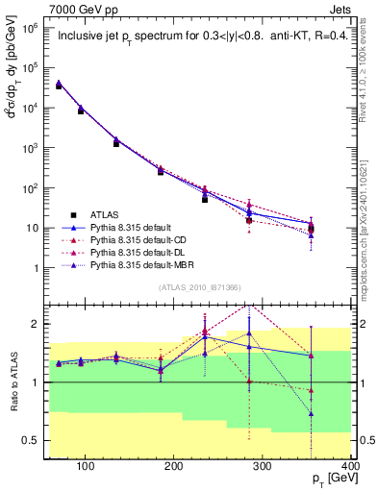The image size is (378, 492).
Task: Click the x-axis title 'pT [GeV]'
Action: click(333, 481)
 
